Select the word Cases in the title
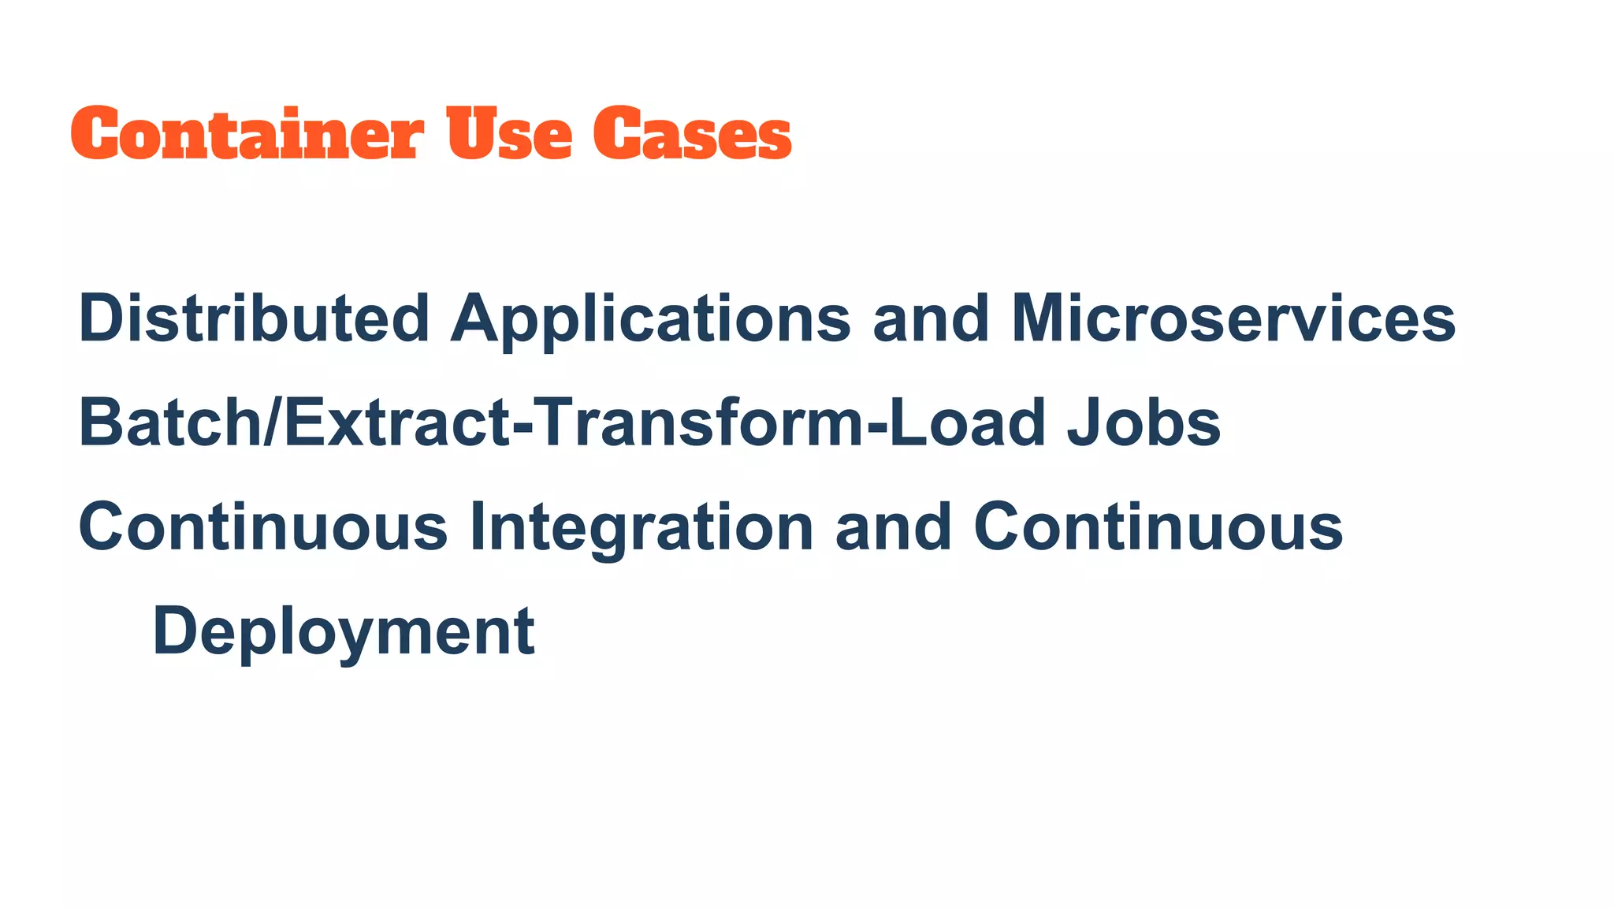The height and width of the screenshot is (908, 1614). (x=692, y=134)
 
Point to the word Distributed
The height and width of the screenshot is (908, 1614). (x=254, y=318)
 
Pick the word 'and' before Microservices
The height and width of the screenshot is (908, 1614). (x=930, y=318)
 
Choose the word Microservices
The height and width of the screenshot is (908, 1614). (x=1233, y=318)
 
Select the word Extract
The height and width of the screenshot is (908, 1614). (x=396, y=422)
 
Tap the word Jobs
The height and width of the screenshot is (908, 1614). (x=1144, y=422)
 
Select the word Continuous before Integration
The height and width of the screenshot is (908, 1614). (x=263, y=527)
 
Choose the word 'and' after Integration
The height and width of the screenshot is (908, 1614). (x=893, y=527)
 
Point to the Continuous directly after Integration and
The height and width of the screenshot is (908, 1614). (x=1158, y=527)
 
